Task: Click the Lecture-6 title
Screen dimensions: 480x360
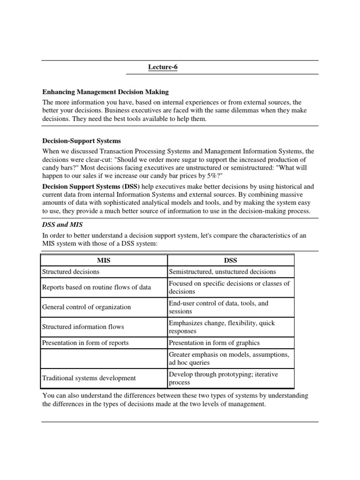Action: tap(163, 67)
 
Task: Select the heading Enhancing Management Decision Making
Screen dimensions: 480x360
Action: tap(105, 92)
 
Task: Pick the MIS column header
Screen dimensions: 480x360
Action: tap(104, 260)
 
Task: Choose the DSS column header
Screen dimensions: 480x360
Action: tap(230, 260)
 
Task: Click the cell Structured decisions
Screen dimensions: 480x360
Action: tap(71, 271)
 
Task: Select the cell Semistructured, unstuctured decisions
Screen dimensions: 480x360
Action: tap(222, 271)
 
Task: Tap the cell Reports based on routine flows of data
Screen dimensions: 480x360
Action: tap(97, 287)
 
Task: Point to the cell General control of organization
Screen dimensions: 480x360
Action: tap(87, 307)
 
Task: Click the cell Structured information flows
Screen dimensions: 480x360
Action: tap(83, 327)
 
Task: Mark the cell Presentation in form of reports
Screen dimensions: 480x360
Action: tap(85, 343)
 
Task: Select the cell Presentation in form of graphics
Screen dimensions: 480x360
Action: tap(214, 343)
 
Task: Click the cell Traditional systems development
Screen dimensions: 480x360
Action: tap(89, 378)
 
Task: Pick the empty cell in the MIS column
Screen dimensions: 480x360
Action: tap(104, 359)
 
